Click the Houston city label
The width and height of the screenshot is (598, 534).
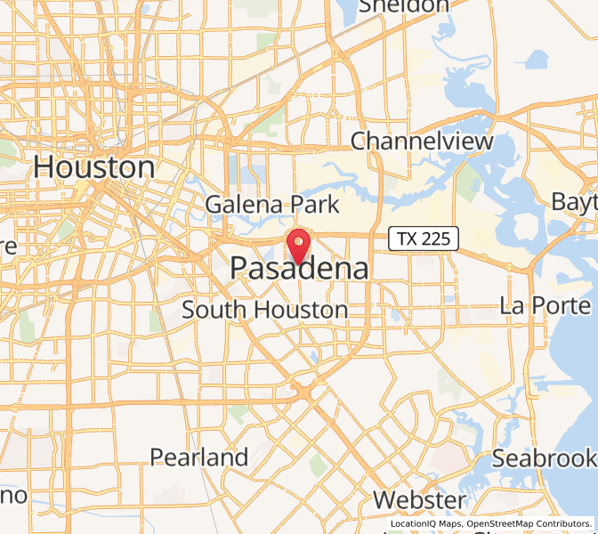pyautogui.click(x=93, y=167)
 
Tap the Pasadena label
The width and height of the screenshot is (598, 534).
pyautogui.click(x=299, y=268)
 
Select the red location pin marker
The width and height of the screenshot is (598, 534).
pyautogui.click(x=297, y=243)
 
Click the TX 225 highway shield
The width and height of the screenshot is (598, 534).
pyautogui.click(x=424, y=238)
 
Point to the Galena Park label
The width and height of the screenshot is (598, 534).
pyautogui.click(x=272, y=204)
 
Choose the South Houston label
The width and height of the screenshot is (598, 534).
pyautogui.click(x=264, y=310)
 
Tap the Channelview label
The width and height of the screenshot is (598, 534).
pyautogui.click(x=422, y=141)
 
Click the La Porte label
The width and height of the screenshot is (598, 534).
pyautogui.click(x=545, y=305)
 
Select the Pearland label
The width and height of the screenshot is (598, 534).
pyautogui.click(x=198, y=457)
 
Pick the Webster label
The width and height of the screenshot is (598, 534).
pyautogui.click(x=419, y=499)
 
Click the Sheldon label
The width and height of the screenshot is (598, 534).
pyautogui.click(x=403, y=7)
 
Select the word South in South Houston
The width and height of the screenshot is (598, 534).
pyautogui.click(x=214, y=310)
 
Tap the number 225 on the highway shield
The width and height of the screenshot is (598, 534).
pyautogui.click(x=437, y=238)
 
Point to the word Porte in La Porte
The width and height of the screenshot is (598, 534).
pyautogui.click(x=562, y=305)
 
